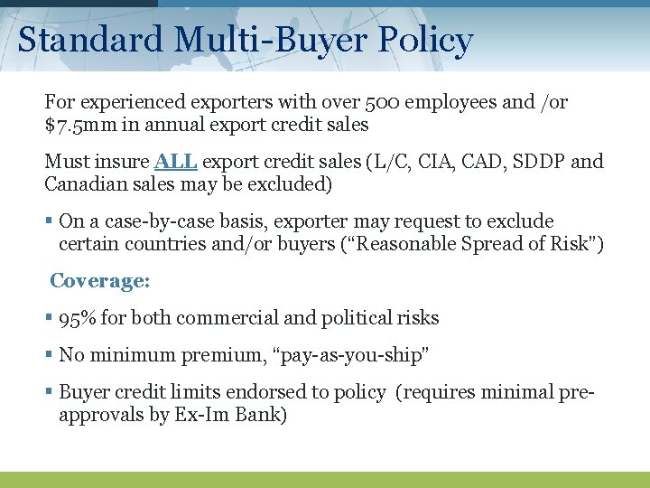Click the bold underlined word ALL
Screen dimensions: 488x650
176,162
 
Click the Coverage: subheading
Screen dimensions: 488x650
99,281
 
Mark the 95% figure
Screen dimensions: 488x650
78,318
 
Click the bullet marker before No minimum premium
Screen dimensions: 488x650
49,355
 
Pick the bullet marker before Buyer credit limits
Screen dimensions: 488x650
49,392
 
